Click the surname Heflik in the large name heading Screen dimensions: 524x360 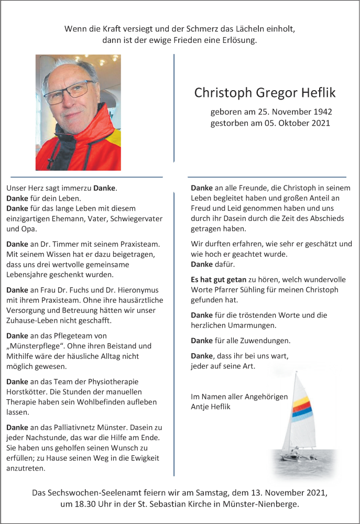tap(318, 93)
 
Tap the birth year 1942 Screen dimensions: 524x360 tap(321, 112)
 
